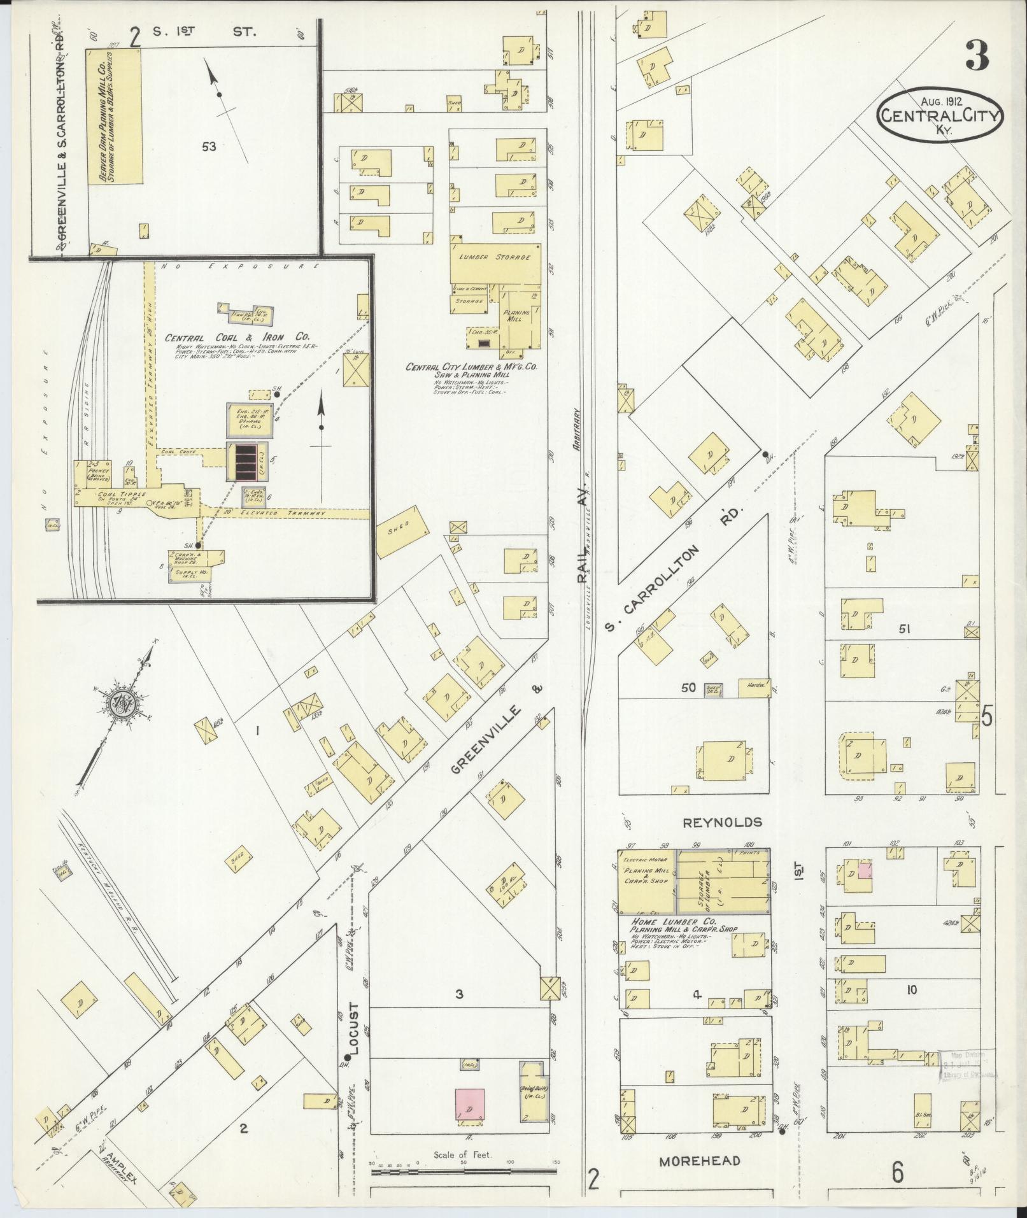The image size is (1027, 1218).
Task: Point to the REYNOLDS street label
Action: pyautogui.click(x=722, y=822)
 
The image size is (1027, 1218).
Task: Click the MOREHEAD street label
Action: pyautogui.click(x=699, y=1161)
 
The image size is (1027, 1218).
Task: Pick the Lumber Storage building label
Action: pyautogui.click(x=495, y=257)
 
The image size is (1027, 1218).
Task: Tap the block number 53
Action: pyautogui.click(x=209, y=147)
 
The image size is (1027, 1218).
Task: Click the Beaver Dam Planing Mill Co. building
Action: pyautogui.click(x=115, y=118)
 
